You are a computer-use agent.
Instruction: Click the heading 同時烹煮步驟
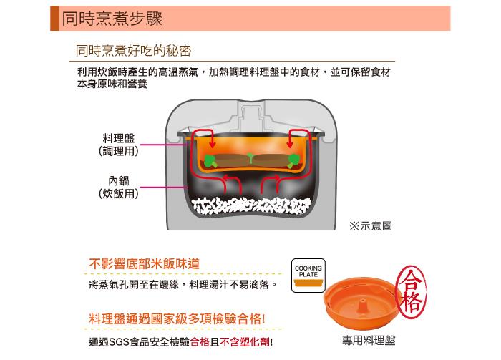tap(112, 19)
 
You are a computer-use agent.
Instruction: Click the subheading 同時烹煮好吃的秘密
tap(134, 51)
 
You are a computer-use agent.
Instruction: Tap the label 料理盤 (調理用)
tap(119, 145)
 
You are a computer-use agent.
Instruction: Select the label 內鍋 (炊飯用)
tap(119, 187)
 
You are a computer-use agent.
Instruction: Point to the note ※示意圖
tap(371, 226)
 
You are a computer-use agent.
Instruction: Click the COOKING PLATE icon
tap(308, 276)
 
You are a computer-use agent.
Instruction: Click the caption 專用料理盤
tap(369, 340)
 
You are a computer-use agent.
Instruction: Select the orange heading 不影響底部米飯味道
tap(145, 264)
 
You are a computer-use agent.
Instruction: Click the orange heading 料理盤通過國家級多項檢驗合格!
tap(177, 318)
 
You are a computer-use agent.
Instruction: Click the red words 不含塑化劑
tap(245, 342)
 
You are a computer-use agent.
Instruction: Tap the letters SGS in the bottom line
tap(120, 342)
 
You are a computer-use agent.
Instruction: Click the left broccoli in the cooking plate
tap(210, 160)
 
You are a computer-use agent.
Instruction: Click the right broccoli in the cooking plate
tap(293, 160)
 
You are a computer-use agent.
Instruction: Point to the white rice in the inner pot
tap(251, 205)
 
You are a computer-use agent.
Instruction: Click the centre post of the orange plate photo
tap(362, 305)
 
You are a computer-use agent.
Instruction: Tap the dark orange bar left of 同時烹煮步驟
tap(54, 19)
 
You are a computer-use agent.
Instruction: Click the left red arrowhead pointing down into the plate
tap(212, 145)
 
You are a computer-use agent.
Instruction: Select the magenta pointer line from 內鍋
tap(163, 188)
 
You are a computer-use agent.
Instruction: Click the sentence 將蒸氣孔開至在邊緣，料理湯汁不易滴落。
tap(183, 284)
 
